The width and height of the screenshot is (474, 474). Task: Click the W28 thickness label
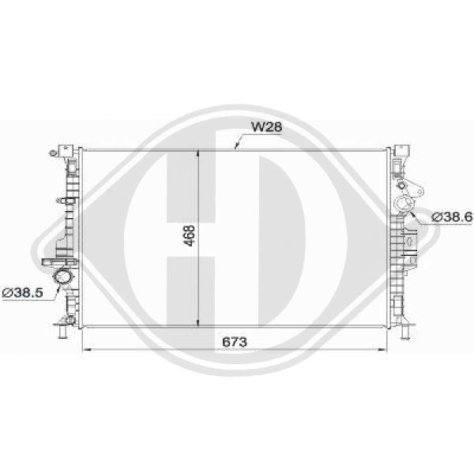point(265,126)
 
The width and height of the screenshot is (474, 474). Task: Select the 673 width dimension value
point(235,341)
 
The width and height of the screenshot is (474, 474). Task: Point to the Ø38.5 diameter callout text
point(23,293)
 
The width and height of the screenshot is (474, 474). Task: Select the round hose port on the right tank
point(404,207)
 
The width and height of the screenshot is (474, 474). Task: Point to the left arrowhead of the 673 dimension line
point(86,349)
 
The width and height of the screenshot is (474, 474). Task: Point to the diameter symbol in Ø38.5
point(7,293)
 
